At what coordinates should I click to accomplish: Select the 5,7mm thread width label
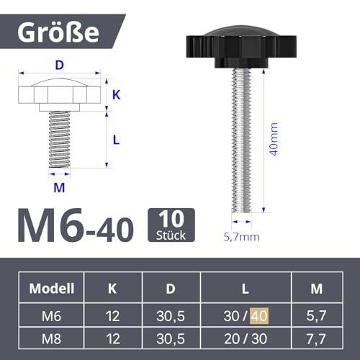[241, 235]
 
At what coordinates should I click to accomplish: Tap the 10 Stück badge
[171, 224]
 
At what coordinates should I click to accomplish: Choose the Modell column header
[53, 289]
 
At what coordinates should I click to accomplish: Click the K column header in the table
[112, 289]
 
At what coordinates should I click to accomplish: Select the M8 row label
[53, 336]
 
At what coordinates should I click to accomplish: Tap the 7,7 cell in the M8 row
[315, 336]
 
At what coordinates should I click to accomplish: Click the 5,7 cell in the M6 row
[315, 314]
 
